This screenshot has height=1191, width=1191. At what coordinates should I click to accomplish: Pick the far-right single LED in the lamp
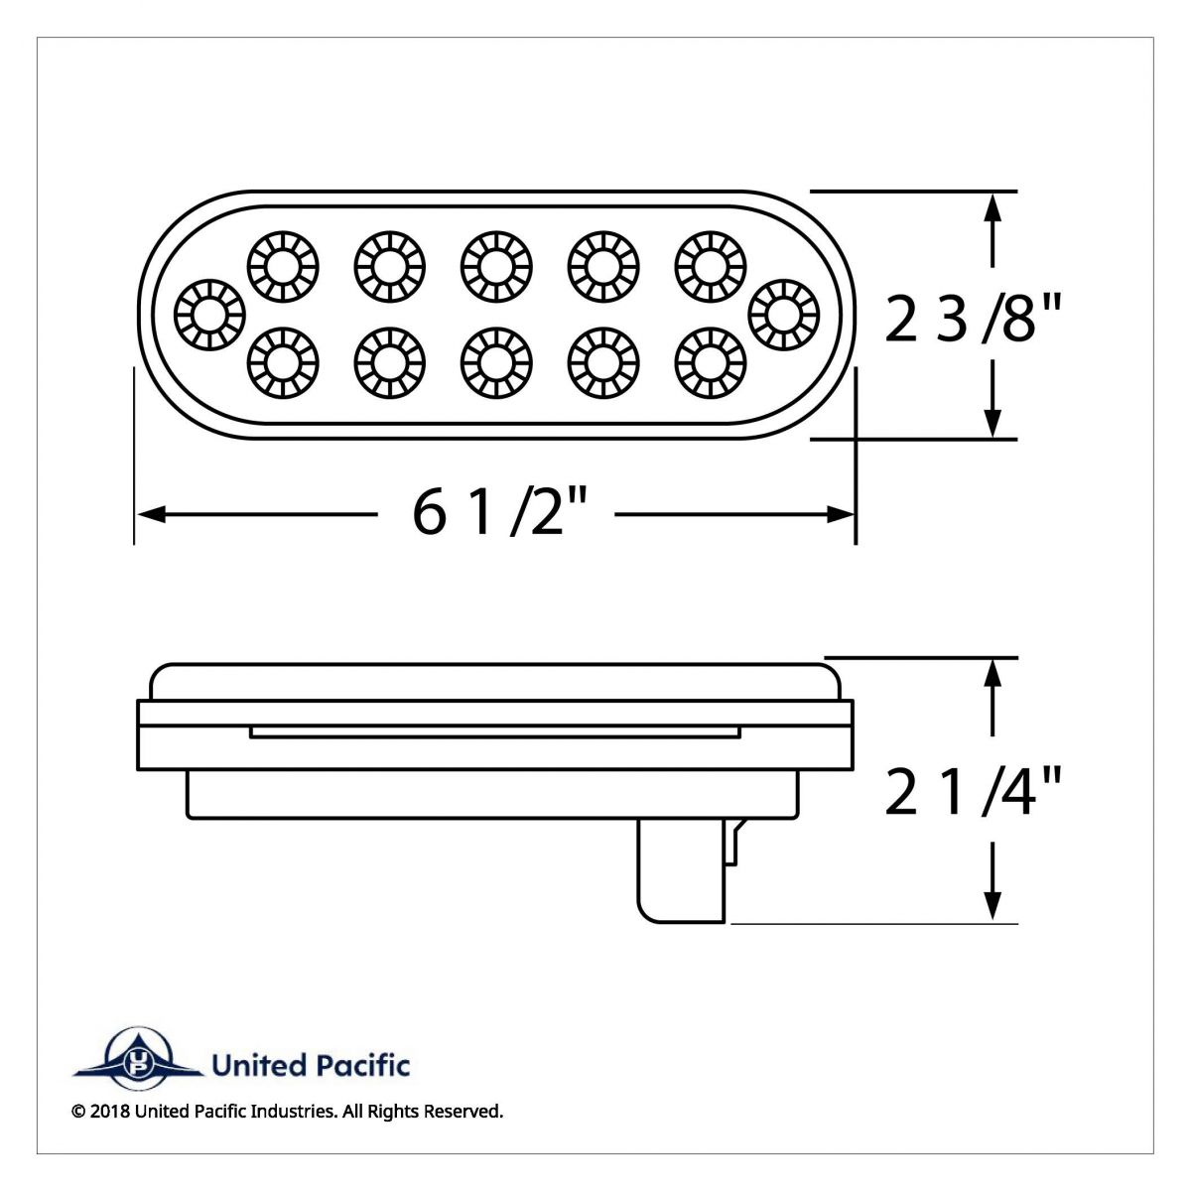(785, 314)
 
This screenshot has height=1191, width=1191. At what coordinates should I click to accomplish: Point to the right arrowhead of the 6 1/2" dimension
(842, 514)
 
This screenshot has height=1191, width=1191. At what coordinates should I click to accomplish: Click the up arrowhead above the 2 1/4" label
(991, 673)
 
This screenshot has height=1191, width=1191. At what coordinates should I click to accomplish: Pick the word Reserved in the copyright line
(463, 1112)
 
